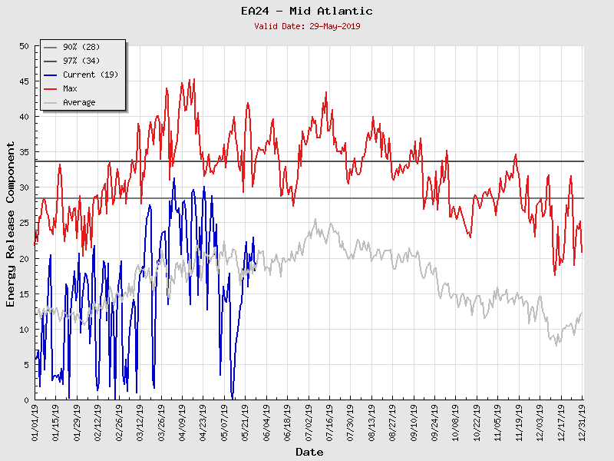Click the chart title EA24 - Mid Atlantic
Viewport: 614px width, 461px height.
coord(306,11)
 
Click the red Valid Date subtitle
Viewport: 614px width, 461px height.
coord(306,26)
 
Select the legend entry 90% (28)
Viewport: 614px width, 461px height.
coord(81,47)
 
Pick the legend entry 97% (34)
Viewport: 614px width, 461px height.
coord(81,61)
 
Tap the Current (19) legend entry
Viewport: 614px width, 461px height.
coord(90,75)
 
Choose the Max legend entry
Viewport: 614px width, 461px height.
coord(70,88)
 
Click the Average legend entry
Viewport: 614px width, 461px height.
coord(79,102)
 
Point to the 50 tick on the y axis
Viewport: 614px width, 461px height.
coord(23,46)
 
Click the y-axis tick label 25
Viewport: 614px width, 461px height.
coord(23,223)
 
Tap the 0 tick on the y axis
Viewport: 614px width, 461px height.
coord(26,400)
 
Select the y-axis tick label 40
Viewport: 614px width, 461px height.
coord(23,117)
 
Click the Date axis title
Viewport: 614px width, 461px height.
coord(309,452)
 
